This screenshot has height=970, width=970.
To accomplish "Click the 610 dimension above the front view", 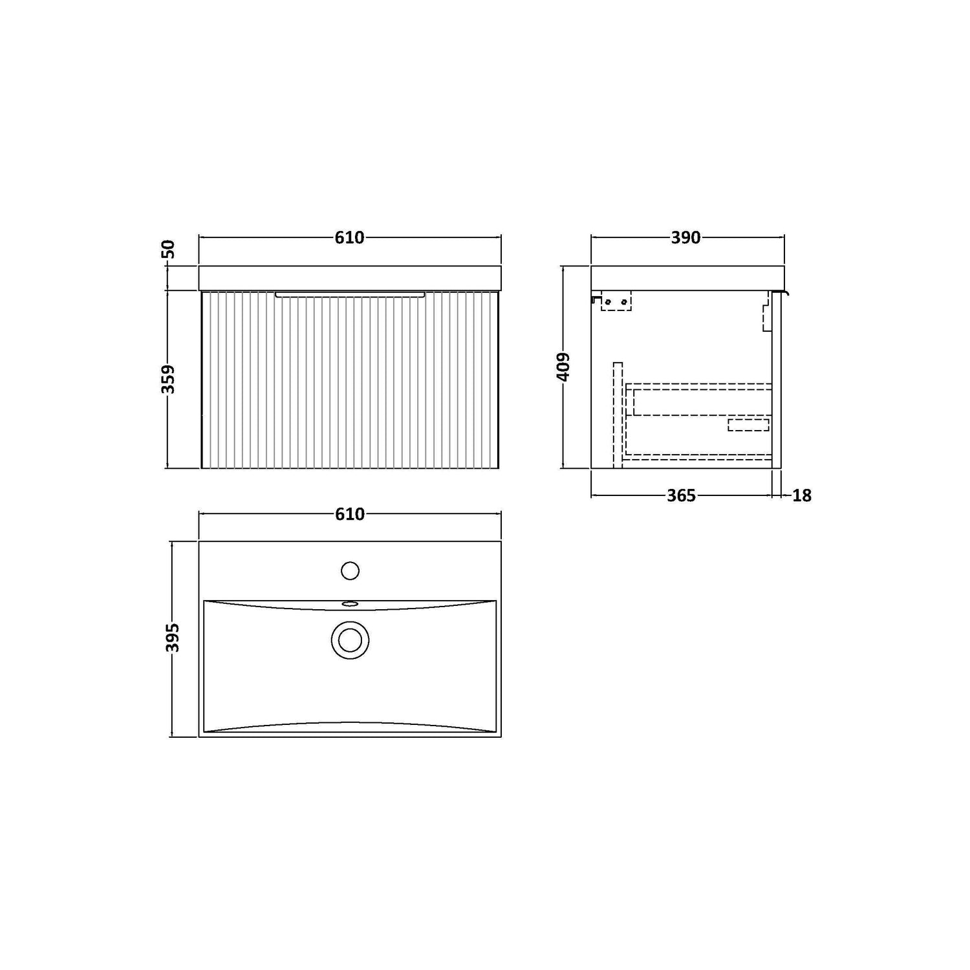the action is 349,238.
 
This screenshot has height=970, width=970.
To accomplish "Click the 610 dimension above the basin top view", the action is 349,514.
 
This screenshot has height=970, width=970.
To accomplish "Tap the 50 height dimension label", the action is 168,249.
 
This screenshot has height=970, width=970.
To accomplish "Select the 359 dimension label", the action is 168,379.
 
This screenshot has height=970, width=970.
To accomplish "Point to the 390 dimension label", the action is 685,238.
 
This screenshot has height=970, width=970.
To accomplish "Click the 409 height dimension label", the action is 563,367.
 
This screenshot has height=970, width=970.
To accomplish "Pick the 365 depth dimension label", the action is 681,495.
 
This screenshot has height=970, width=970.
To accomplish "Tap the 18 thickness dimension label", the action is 801,495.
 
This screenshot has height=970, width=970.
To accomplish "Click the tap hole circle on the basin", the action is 350,571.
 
